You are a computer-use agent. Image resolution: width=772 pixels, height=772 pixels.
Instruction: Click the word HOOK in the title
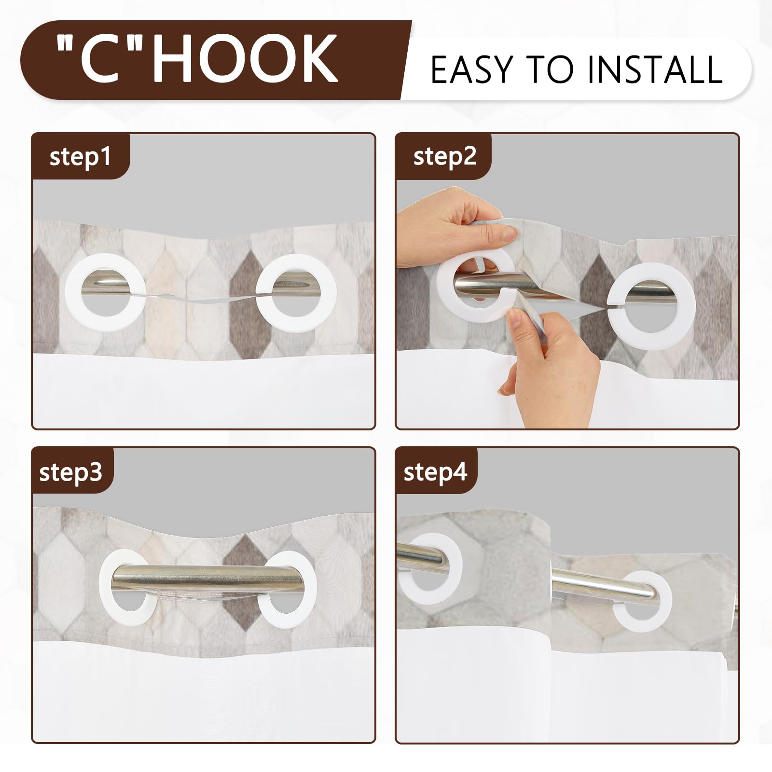pos(248,59)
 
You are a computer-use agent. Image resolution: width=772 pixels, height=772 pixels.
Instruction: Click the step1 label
pos(80,157)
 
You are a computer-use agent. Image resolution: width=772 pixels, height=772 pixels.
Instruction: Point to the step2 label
pos(445,156)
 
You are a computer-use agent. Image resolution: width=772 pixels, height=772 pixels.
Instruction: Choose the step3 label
pos(71,471)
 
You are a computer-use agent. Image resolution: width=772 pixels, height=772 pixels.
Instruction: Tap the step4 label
pos(436,471)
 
